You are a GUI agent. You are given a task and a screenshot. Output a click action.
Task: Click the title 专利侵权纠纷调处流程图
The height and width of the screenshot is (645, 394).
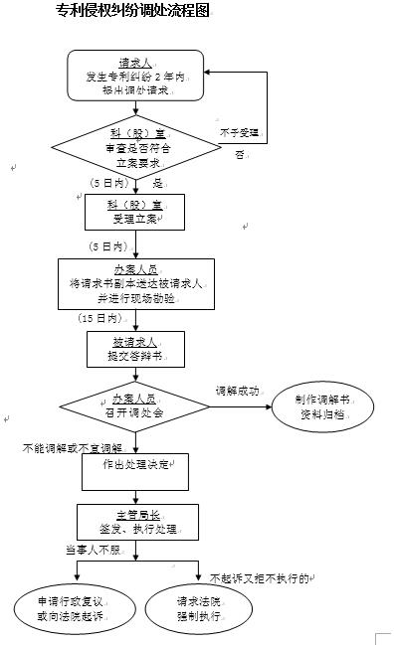135,12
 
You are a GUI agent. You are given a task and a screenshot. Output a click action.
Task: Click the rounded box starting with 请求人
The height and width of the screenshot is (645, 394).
135,76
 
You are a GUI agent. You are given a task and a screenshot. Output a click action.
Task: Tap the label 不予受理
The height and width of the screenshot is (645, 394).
239,132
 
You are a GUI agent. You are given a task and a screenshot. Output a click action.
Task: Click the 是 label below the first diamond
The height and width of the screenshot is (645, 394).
156,184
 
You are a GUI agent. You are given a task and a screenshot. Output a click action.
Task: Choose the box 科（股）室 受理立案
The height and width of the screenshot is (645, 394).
135,211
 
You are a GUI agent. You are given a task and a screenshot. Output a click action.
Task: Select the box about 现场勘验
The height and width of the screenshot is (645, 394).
135,283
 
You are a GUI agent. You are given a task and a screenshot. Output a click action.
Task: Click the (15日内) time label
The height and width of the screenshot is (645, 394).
99,319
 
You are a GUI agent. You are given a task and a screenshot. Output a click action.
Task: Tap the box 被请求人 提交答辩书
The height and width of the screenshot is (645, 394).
135,349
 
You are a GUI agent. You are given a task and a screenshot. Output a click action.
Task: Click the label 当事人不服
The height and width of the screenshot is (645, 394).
91,550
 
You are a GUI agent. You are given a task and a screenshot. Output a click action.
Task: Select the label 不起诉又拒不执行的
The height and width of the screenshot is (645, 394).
261,577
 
